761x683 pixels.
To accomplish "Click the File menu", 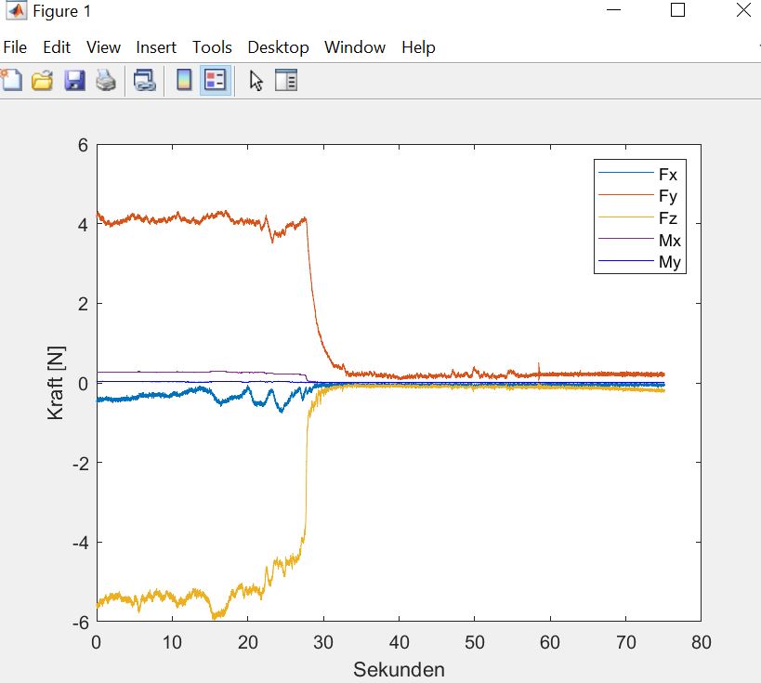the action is pos(15,47).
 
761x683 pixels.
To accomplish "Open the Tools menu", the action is pos(212,47).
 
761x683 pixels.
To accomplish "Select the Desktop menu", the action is pos(278,47).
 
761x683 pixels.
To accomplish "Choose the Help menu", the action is pos(418,47).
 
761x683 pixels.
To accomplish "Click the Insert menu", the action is pos(156,47).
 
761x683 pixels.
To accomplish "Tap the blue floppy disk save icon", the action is pos(74,80).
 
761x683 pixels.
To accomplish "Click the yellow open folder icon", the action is pos(42,80).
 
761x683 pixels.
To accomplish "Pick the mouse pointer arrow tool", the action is pos(256,81).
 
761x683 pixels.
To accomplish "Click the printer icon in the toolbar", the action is pos(106,80).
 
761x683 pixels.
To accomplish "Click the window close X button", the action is pos(743,9).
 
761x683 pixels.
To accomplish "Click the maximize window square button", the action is pos(677,9).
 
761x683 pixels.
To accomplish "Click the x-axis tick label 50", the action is pos(474,642).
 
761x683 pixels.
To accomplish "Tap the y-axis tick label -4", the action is pos(81,543).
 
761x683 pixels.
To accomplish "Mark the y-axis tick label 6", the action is pos(83,145).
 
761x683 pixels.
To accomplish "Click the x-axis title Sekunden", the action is pos(399,669).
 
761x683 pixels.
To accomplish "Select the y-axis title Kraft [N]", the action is pos(56,383).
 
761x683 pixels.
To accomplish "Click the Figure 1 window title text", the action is pos(61,11).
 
